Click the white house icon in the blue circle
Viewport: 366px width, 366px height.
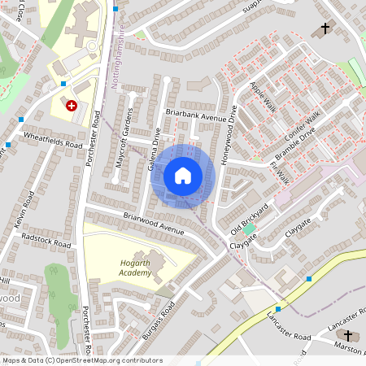click(x=183, y=175)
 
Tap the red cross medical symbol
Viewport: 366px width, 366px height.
click(x=71, y=105)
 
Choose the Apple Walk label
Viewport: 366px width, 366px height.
click(x=264, y=97)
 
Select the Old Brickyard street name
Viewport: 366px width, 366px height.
click(x=249, y=218)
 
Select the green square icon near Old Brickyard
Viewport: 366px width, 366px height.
click(x=249, y=230)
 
